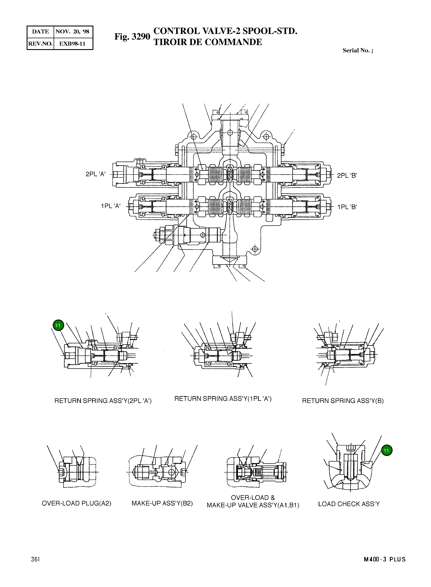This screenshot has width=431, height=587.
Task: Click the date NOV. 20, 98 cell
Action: pos(73,32)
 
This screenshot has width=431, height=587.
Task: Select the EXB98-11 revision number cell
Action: pos(73,44)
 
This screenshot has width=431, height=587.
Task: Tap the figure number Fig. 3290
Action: pos(132,37)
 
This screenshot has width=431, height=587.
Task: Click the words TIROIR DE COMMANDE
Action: pos(208,42)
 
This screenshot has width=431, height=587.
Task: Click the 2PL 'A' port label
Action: pos(95,174)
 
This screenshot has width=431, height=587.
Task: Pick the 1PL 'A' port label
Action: pos(111,206)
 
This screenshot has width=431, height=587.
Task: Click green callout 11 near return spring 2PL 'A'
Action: pos(58,325)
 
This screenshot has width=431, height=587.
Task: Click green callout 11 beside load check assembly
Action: pos(386,450)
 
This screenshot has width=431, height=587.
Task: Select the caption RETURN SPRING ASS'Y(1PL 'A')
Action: pos(223,399)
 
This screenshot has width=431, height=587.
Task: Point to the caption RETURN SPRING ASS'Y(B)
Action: pos(343,401)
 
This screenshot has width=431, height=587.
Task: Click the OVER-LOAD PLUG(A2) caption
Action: pos(76,503)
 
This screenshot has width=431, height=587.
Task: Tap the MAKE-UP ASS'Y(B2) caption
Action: pos(162,503)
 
